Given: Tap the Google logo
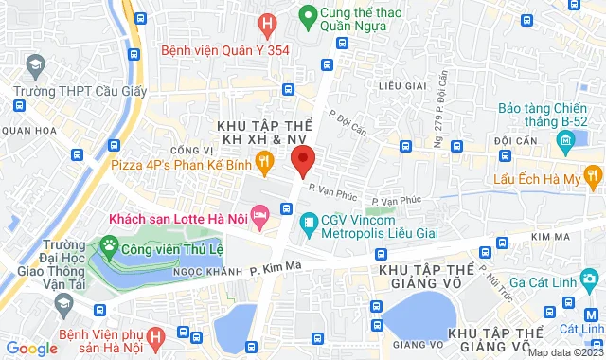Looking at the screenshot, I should pyautogui.click(x=32, y=349).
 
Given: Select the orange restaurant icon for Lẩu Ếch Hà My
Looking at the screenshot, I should pyautogui.click(x=593, y=173).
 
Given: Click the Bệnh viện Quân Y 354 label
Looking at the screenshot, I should pyautogui.click(x=224, y=49).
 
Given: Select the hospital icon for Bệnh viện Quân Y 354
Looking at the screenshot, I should pyautogui.click(x=269, y=24).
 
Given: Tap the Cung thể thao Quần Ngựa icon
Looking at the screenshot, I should pyautogui.click(x=308, y=16).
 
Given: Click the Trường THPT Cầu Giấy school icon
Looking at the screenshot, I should pyautogui.click(x=37, y=66).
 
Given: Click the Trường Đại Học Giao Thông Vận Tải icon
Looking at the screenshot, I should pyautogui.click(x=64, y=303).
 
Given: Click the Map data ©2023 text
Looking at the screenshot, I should pyautogui.click(x=563, y=352).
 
